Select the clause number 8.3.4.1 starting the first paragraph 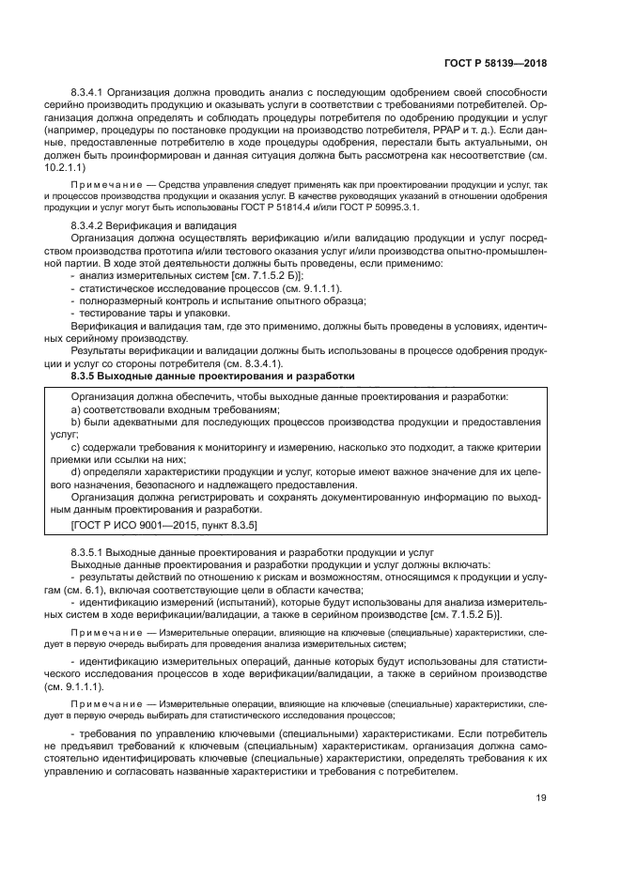coord(91,92)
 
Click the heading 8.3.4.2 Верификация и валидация coord(153,226)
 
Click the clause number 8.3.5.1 coord(91,552)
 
